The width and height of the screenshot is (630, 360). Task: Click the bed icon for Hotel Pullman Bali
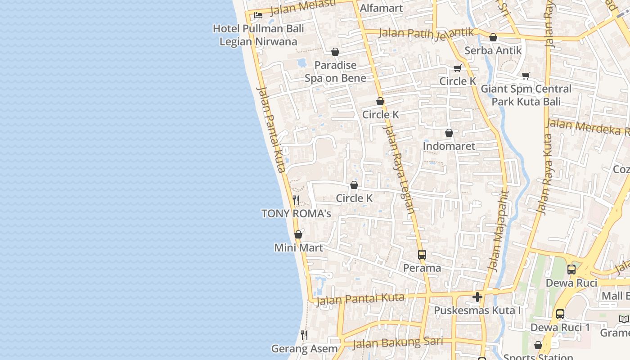pos(258,15)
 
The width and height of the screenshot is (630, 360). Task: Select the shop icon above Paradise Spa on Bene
pos(335,52)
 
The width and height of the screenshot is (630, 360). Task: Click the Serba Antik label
pos(493,50)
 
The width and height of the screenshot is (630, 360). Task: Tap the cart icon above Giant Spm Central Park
pos(526,76)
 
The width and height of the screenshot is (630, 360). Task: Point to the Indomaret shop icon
pos(449,133)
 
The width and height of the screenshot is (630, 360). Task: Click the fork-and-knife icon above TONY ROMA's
pos(296,200)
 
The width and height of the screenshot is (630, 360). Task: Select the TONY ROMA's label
pos(296,213)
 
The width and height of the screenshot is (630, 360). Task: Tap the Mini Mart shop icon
pos(298,234)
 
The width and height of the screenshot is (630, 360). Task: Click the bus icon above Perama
pos(422,254)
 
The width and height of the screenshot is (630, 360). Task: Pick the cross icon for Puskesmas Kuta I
pos(477,297)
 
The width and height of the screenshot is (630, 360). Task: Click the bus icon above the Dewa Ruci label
pos(571,270)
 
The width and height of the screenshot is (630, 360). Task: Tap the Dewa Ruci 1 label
pos(560,327)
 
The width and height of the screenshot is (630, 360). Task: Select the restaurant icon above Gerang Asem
pos(304,335)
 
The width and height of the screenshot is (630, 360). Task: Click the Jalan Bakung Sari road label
pos(398,343)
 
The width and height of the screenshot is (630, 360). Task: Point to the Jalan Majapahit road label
pos(498,231)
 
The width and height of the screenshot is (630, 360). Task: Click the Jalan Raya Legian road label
pos(398,169)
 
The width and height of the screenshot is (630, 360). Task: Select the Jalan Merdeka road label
pos(587,127)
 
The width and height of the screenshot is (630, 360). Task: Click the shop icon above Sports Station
pos(538,345)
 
